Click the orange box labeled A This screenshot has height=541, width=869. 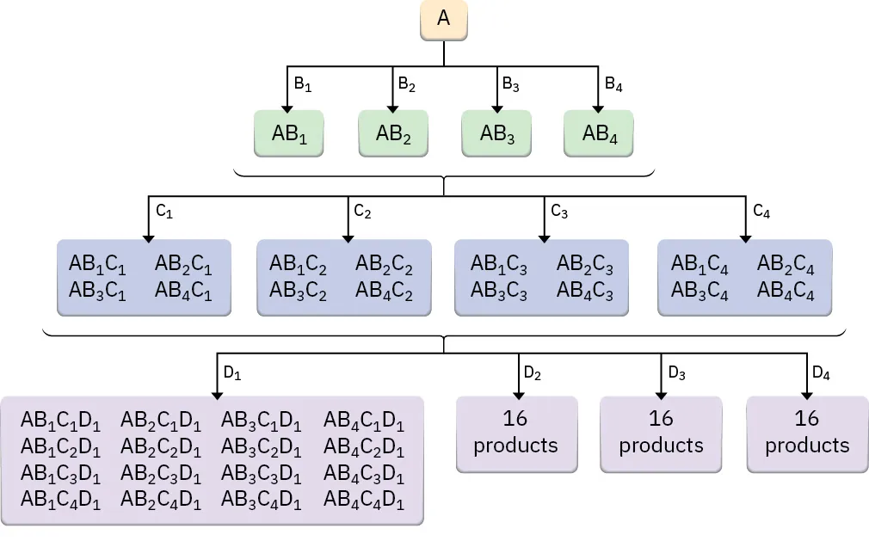coord(443,19)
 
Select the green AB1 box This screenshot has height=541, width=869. coord(289,133)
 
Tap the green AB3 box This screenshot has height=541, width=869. coord(496,133)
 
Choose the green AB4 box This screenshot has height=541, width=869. coord(599,133)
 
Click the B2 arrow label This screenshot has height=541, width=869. coord(406,84)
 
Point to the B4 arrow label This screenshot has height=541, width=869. coord(613,84)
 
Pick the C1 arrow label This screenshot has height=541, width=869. coord(163,212)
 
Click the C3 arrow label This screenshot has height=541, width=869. coord(559,211)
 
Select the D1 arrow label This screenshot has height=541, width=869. coord(232,373)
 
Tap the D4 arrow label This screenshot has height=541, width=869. coord(822,373)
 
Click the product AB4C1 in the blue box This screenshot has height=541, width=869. coord(183,292)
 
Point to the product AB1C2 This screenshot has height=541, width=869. coord(298,264)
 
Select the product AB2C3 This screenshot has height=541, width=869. coord(584,264)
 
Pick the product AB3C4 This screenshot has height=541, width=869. coord(700,292)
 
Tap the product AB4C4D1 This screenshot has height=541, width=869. coord(363,500)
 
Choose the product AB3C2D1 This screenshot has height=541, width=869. coord(261,447)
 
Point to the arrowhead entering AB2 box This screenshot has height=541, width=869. coord(392,107)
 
